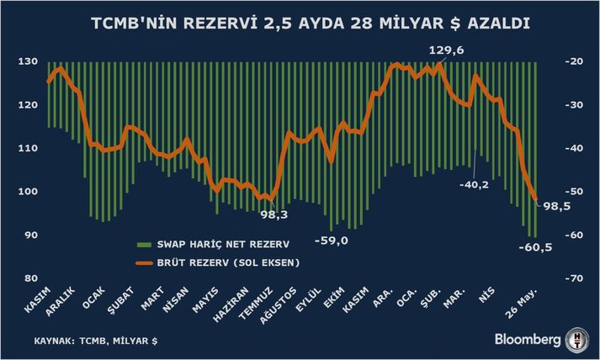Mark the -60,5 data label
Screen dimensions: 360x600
pos(536,247)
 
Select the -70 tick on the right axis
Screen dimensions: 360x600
pos(576,278)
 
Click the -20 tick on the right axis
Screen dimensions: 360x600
pos(576,62)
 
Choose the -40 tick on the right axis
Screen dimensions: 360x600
pos(576,149)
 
